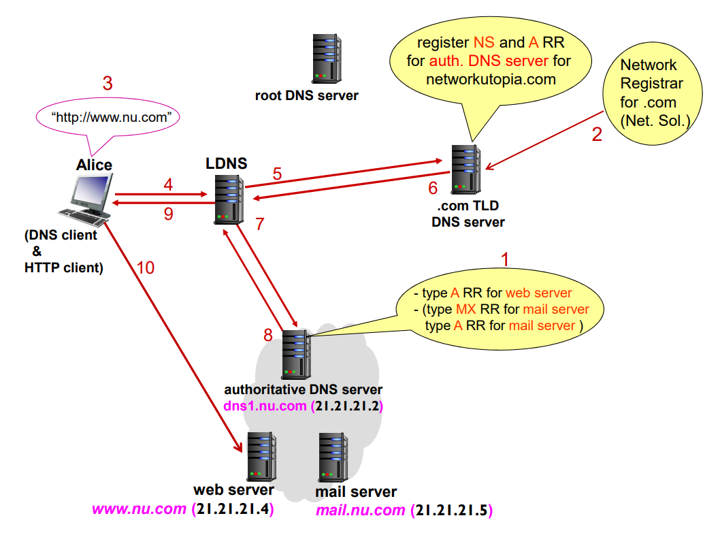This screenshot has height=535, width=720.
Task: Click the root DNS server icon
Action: click(327, 59)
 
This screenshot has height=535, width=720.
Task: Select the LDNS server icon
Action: click(229, 200)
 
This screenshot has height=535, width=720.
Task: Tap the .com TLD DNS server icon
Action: click(465, 169)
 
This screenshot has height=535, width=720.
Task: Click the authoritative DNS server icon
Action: click(296, 354)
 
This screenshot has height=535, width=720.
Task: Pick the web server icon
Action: click(262, 457)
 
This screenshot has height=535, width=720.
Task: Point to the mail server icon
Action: click(333, 457)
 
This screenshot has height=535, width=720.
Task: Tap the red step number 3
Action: click(108, 83)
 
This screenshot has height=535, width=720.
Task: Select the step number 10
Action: click(146, 267)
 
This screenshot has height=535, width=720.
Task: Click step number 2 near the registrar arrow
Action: click(597, 134)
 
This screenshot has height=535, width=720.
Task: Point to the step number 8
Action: click(268, 336)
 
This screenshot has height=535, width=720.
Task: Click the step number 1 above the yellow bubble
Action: click(505, 259)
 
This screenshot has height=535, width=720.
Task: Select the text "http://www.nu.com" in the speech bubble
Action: click(112, 118)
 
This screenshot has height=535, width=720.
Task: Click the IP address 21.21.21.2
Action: click(346, 406)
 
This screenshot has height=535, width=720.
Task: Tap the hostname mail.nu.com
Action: click(361, 510)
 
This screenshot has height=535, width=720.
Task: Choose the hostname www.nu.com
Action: click(139, 509)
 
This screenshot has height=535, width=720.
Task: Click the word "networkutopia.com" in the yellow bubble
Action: click(491, 80)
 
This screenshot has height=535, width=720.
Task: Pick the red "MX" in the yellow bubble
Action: click(466, 309)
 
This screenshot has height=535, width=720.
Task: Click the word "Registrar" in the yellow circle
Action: click(651, 84)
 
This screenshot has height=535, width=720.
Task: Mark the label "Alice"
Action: click(94, 165)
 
